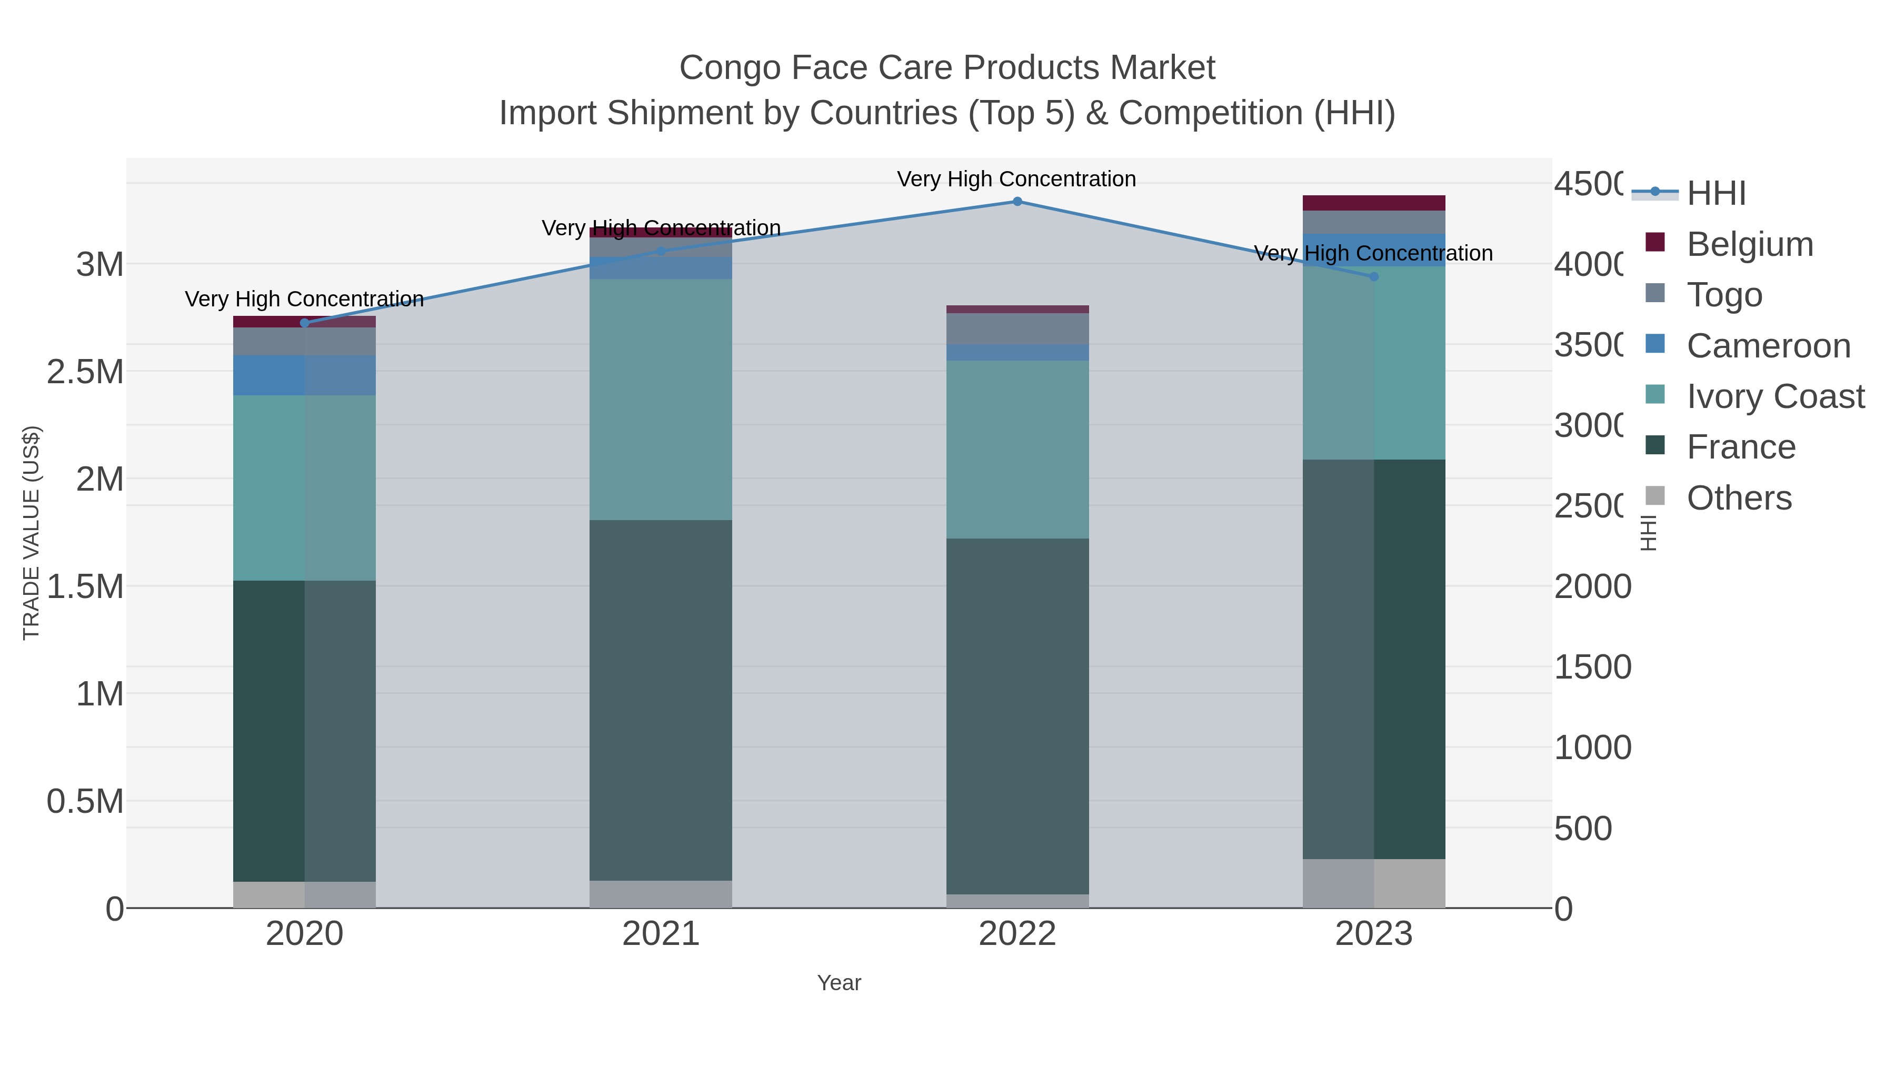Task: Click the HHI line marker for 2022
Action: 1018,202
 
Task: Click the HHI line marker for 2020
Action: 305,323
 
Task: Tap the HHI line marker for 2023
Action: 1373,276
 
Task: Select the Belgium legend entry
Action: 1749,244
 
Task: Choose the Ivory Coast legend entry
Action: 1774,396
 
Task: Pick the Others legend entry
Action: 1738,498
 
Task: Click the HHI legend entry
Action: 1716,194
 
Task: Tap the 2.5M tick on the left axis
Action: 85,372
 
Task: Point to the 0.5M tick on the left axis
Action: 85,802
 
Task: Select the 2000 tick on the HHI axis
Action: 1593,587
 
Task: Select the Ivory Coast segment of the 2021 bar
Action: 661,400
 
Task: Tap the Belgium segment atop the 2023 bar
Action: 1373,203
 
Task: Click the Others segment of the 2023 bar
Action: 1373,883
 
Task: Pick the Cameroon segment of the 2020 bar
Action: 305,375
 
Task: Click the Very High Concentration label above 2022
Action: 1016,180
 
